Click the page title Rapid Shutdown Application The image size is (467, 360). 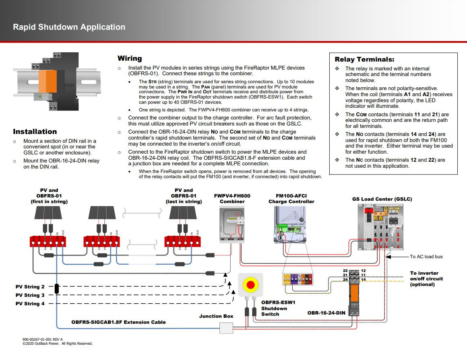tap(69, 27)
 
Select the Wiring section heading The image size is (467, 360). tap(130, 59)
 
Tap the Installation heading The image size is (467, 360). tap(35, 132)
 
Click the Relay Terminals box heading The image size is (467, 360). tap(364, 60)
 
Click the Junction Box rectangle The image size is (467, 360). tap(226, 328)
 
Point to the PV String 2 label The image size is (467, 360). tap(30, 287)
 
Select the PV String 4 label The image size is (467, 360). tap(30, 304)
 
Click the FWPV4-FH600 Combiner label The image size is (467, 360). tap(232, 199)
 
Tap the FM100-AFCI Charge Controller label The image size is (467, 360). tap(291, 199)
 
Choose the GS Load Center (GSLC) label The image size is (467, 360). tap(382, 199)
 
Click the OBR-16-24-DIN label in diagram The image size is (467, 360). tap(326, 313)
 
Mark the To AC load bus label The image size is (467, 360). tap(426, 257)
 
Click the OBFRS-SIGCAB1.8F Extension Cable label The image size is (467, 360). tap(118, 322)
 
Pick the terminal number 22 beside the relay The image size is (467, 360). tap(345, 271)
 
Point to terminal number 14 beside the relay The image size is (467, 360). tap(363, 280)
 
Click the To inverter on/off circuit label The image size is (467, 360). tap(426, 279)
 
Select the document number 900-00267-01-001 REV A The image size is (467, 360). tap(43, 339)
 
